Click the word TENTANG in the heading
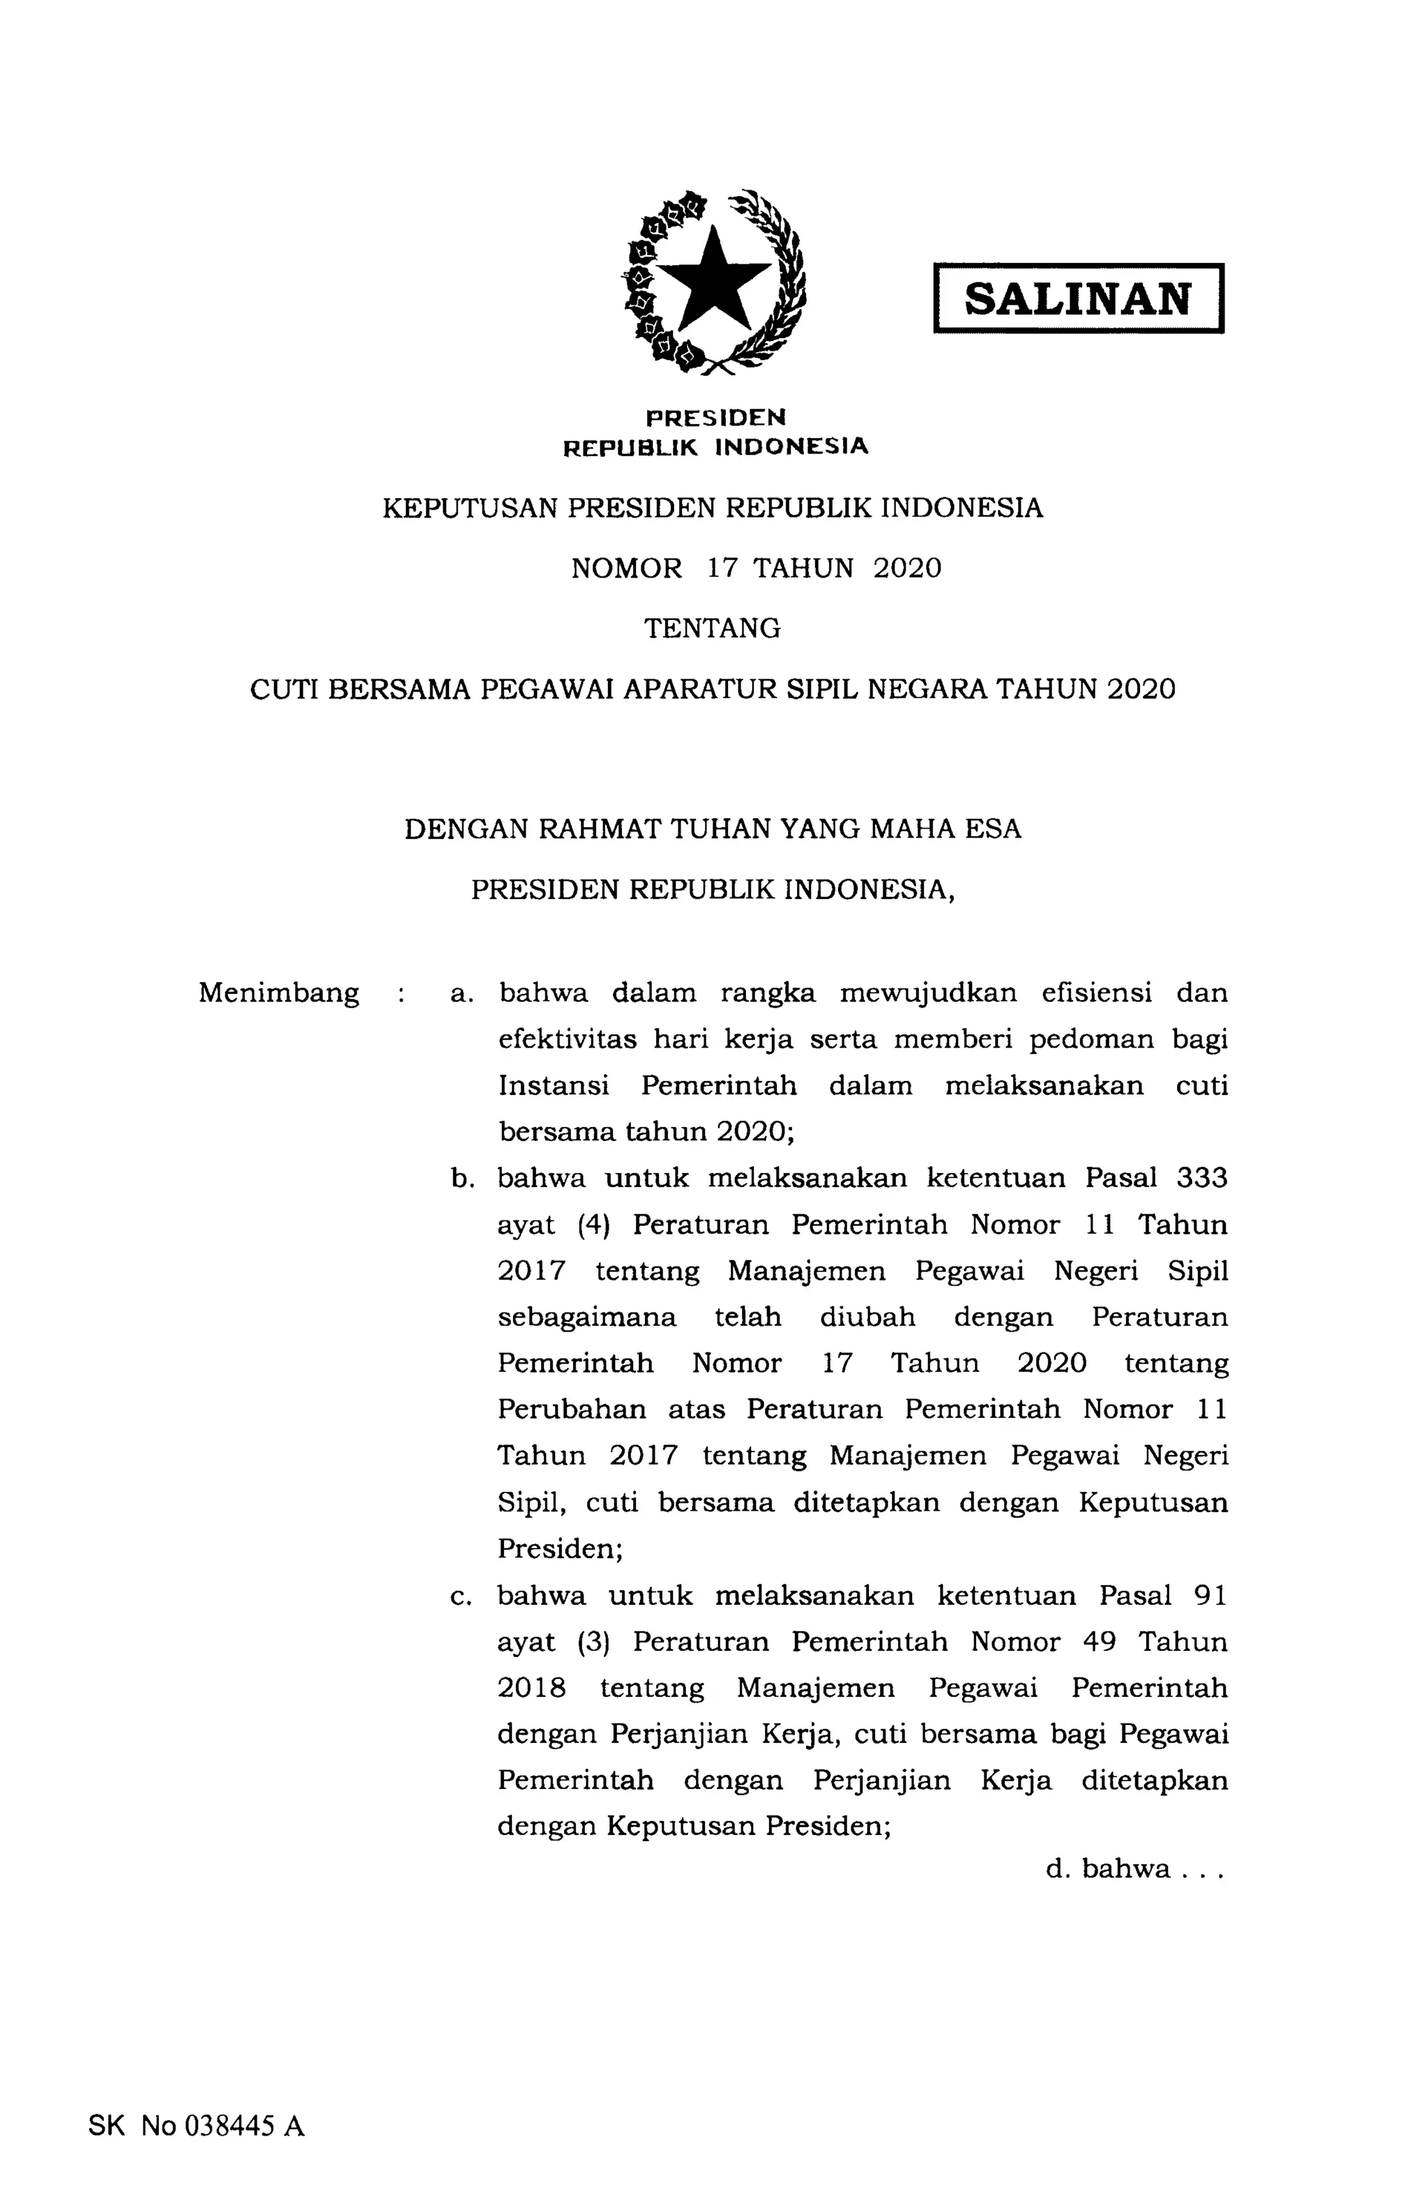[712, 628]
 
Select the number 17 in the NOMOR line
[722, 568]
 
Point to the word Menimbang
[279, 994]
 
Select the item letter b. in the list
[461, 1179]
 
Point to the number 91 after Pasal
[1209, 1594]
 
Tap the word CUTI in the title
[283, 689]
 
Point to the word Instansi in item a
[553, 1086]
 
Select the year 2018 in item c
[531, 1688]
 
